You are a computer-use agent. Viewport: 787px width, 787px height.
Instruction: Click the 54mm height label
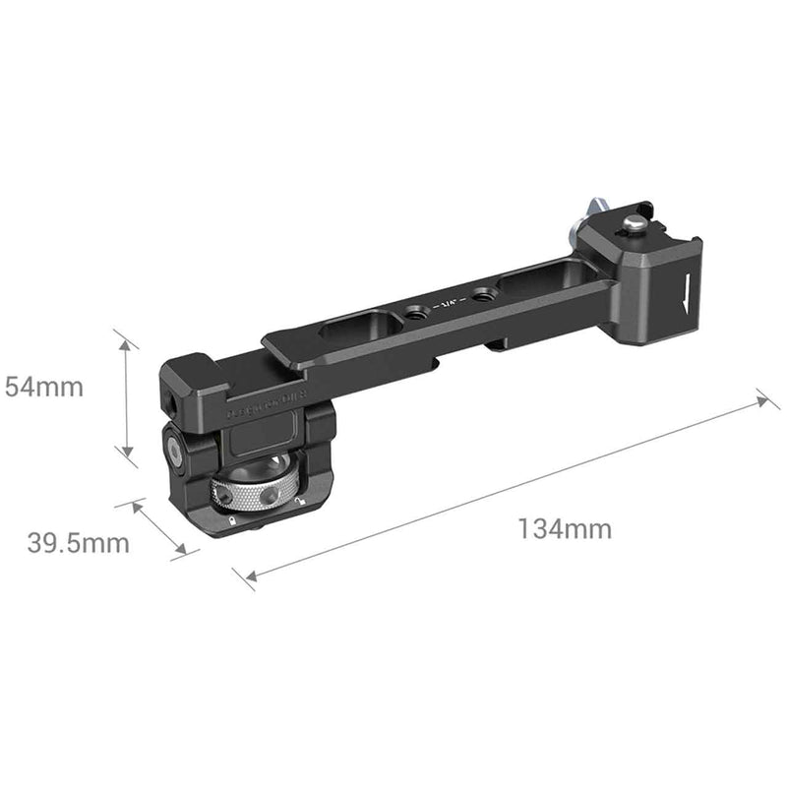(x=45, y=387)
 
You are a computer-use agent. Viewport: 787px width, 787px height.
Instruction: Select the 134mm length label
(x=565, y=529)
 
